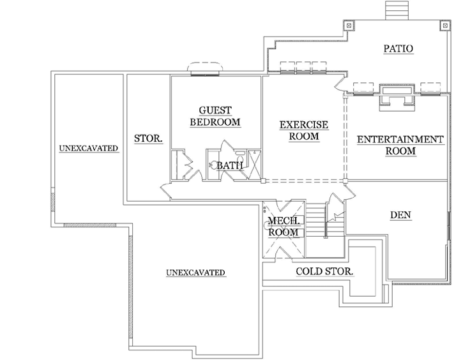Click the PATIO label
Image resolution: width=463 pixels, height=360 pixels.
pos(398,49)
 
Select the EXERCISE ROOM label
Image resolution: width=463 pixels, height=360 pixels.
pos(303,130)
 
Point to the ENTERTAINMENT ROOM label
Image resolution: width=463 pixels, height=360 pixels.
pos(399,145)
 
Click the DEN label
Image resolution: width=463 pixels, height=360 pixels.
pos(400,215)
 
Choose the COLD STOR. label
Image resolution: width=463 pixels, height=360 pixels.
pos(325,271)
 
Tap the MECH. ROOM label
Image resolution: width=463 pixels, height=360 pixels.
pos(282,227)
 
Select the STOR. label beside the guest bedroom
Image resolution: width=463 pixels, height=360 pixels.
pos(148,138)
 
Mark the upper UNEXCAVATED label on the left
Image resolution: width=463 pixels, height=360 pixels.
pos(89,148)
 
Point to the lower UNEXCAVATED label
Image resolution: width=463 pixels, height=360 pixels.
pos(195,273)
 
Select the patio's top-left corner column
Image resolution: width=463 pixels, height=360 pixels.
pos(349,25)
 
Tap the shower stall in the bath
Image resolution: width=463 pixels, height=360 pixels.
pos(254,164)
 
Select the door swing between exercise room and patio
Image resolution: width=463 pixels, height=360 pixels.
pos(338,86)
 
